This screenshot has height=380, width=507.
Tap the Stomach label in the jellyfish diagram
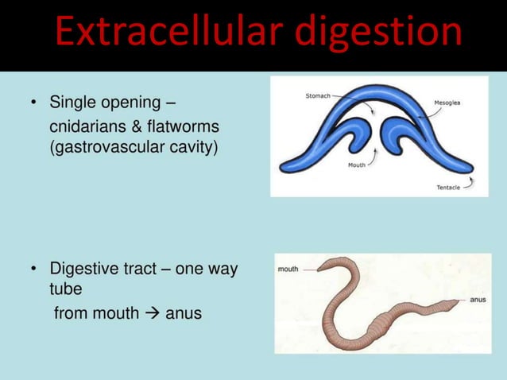click(x=319, y=96)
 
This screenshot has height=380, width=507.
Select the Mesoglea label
click(x=448, y=102)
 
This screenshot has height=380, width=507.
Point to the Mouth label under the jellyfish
click(x=357, y=165)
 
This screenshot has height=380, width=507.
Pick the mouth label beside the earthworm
click(x=288, y=269)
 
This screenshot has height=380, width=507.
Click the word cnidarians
click(x=88, y=127)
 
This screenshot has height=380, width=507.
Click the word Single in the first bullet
click(x=72, y=103)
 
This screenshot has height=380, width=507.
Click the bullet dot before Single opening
click(x=34, y=104)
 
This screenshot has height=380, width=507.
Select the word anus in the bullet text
click(x=184, y=313)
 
